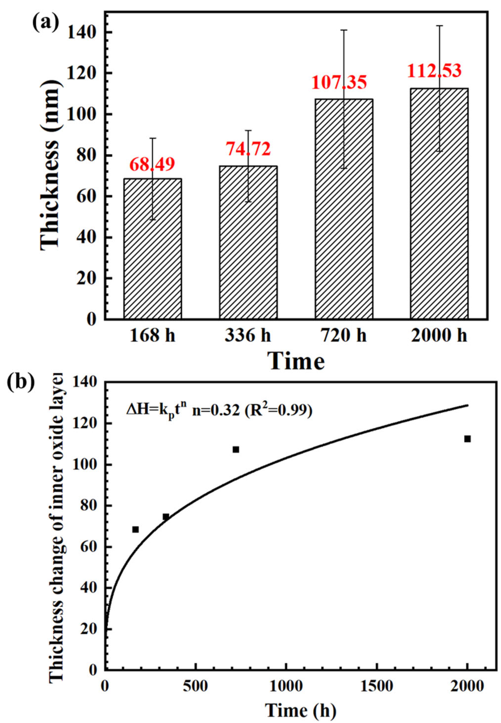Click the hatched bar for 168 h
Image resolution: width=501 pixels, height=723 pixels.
coord(153,251)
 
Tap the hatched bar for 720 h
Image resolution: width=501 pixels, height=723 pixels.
coord(344,210)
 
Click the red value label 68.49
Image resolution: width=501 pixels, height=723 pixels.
coord(152,164)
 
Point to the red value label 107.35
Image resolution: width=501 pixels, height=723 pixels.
coord(339,83)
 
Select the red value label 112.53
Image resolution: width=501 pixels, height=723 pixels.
coord(435,71)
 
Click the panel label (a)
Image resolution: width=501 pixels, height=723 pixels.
coord(46,23)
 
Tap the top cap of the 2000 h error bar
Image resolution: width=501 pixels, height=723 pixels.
coord(439,26)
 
